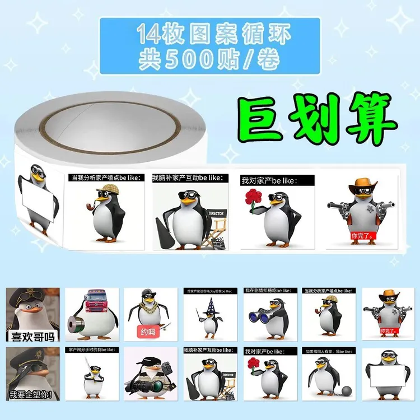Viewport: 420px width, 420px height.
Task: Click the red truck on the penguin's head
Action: [x=90, y=302]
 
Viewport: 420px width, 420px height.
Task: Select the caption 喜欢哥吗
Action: [x=31, y=336]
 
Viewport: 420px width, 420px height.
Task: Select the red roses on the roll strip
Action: [x=253, y=198]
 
